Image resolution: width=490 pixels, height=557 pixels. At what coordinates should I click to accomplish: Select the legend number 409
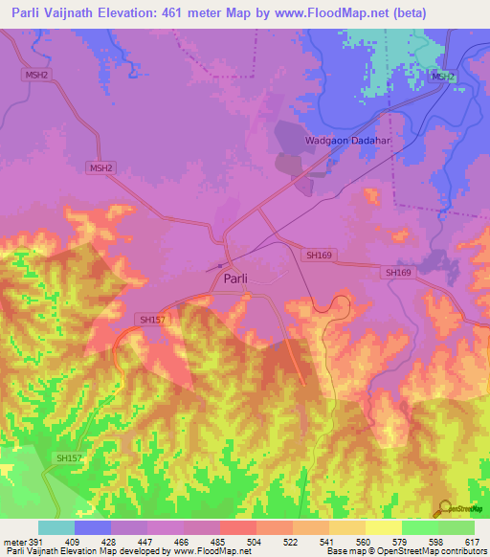[75, 542]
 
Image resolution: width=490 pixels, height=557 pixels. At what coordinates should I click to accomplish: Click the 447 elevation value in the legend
[147, 542]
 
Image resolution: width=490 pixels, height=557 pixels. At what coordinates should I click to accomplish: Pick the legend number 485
[220, 542]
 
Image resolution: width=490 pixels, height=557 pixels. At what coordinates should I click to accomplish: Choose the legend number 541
[329, 542]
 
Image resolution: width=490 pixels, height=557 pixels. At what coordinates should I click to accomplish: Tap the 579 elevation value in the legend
[402, 542]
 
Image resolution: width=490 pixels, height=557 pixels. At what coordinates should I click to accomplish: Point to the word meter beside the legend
[14, 542]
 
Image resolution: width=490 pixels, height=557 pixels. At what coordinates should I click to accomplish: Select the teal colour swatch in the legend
[56, 527]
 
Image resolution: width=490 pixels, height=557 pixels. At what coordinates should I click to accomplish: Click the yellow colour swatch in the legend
[384, 527]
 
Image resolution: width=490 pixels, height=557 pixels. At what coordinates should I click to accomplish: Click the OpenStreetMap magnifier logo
[445, 510]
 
